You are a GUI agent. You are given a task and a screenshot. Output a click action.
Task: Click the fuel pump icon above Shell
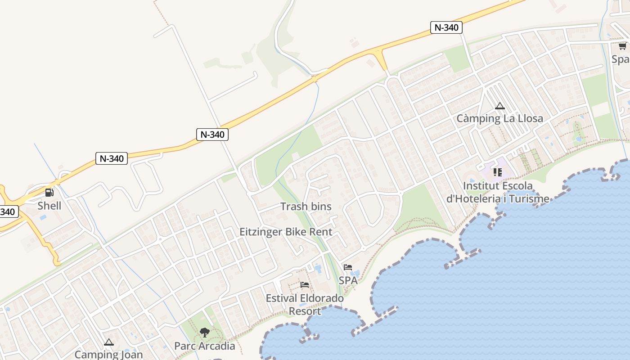(49, 193)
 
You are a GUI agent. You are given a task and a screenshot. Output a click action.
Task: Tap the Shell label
(49, 206)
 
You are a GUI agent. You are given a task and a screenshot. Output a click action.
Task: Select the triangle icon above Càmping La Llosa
(499, 106)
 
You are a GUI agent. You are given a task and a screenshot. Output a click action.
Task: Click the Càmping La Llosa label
(499, 118)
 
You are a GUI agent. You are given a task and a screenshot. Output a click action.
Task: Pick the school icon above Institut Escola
(497, 172)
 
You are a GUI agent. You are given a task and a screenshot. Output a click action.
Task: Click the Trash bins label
(306, 207)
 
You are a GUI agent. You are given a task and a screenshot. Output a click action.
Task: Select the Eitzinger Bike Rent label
(286, 232)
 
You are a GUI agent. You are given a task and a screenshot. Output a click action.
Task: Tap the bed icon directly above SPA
(348, 267)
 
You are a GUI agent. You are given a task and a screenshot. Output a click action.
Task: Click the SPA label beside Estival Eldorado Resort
(348, 280)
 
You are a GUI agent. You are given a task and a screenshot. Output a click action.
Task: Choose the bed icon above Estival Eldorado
(305, 285)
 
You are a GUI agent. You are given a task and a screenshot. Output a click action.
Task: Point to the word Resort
(305, 311)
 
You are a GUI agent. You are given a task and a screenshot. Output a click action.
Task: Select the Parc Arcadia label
(205, 346)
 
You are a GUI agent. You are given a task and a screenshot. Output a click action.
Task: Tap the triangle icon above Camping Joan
(108, 342)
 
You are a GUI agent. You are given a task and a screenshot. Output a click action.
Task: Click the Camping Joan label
(108, 355)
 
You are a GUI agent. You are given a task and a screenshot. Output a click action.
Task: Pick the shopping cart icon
(622, 46)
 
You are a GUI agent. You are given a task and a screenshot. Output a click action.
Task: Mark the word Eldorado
(321, 298)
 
